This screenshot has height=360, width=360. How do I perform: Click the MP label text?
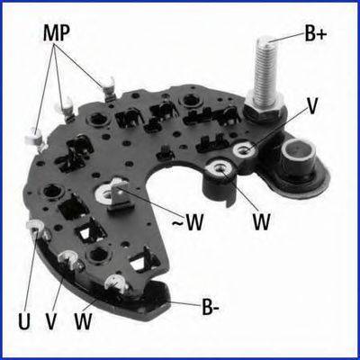pos(56,33)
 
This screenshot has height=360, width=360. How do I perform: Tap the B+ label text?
pos(315,33)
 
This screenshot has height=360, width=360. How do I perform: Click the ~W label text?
pos(188,222)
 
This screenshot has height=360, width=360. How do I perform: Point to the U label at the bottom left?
pos(24,321)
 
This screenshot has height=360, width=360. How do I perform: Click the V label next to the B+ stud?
pos(311,106)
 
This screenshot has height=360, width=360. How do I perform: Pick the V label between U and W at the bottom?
pos(51,321)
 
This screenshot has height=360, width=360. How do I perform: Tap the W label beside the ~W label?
pos(261,221)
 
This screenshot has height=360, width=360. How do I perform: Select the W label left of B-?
pos(83,321)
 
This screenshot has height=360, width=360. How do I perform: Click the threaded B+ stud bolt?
pos(265,69)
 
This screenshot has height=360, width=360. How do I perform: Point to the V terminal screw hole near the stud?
pos(247,149)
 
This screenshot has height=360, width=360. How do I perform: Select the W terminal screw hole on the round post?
pos(220,169)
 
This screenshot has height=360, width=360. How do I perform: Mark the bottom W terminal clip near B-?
pos(116,284)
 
